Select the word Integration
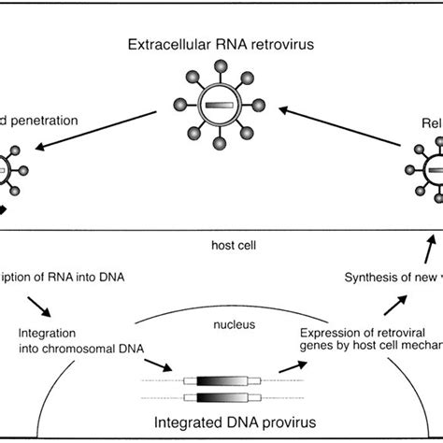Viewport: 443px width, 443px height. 46,333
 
